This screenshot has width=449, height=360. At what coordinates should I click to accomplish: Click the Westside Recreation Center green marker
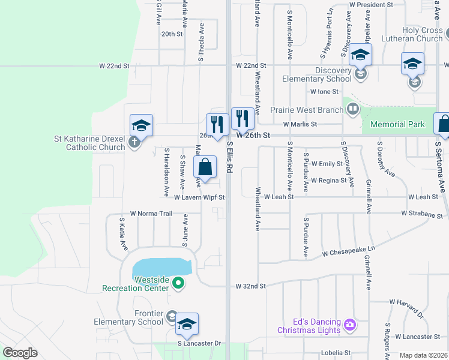pos(178,283)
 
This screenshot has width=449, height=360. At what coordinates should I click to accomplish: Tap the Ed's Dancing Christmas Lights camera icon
pos(350,326)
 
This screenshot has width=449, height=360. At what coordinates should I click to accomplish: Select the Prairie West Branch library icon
pos(353,109)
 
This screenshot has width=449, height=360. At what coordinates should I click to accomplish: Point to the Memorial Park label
pos(397,124)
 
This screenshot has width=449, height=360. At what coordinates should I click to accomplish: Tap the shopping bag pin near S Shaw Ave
pos(205,167)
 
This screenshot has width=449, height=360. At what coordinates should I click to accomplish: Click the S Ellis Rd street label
pos(229,157)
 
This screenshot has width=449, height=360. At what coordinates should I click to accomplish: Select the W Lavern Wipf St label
pos(199,197)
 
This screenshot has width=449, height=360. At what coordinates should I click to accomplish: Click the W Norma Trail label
pos(151,214)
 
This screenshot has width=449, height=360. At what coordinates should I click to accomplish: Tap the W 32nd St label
pos(250,286)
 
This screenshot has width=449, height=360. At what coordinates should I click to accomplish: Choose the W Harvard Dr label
pos(406,308)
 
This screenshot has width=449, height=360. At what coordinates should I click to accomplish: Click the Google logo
pos(20,353)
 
